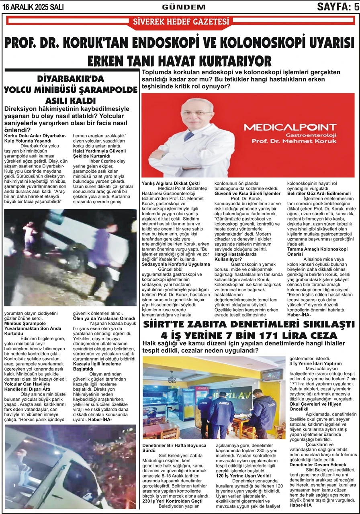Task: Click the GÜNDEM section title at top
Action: [x=184, y=7]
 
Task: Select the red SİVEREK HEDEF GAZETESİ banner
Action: [x=181, y=22]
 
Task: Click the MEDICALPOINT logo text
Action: [x=290, y=127]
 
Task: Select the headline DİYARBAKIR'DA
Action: [x=70, y=79]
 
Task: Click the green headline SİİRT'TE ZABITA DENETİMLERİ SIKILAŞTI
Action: [x=249, y=324]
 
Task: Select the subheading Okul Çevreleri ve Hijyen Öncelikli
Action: [x=319, y=406]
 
